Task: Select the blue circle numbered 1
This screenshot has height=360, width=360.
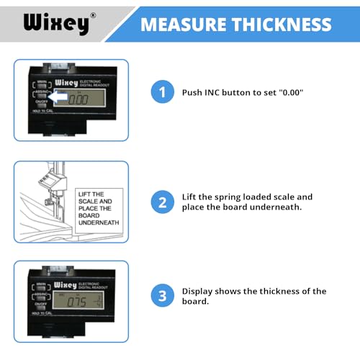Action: point(163,92)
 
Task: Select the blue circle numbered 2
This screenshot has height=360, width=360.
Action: point(163,202)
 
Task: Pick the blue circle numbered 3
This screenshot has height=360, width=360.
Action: point(163,297)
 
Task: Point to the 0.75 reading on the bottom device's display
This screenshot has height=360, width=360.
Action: point(75,301)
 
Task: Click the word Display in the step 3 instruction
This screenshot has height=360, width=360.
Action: point(199,291)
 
